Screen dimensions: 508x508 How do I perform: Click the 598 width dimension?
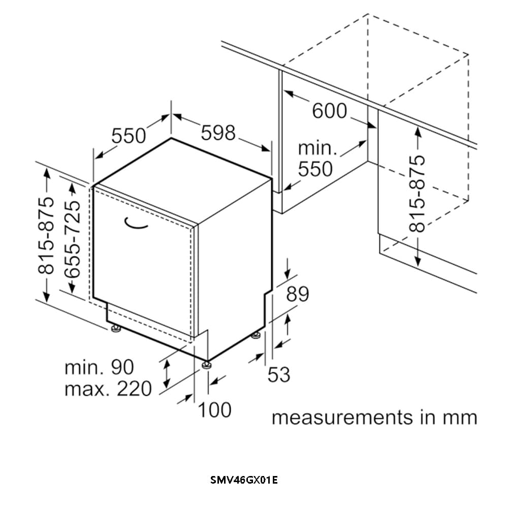pos(218,133)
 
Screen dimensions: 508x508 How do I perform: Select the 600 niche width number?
pos(329,111)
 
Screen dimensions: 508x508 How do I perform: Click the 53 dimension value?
pos(279,374)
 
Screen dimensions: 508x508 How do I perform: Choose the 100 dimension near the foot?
pos(214,409)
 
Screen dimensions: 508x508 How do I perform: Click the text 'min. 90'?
pos(99,367)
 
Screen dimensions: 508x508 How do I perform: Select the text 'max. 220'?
pos(108,389)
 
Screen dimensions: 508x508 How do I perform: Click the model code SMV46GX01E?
pos(244,480)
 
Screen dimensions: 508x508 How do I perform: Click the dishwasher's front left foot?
pos(117,329)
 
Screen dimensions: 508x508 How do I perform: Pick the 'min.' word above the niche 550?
pos(317,148)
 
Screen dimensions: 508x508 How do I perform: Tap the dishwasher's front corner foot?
pos(206,364)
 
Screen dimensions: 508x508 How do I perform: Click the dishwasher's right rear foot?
pos(257,335)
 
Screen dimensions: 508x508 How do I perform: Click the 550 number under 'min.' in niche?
pos(315,169)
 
